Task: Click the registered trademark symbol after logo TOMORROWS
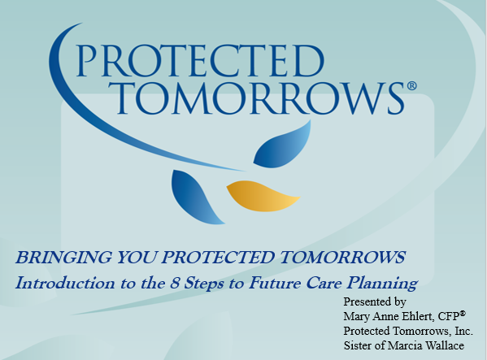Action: point(411,85)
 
